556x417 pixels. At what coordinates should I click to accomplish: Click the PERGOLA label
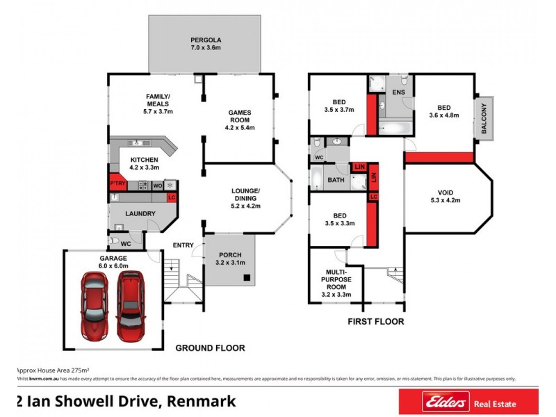click(205, 39)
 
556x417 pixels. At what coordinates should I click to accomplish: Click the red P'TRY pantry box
click(116, 183)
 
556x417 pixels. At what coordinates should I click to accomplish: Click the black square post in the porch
click(246, 278)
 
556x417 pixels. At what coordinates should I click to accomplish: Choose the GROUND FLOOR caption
click(210, 348)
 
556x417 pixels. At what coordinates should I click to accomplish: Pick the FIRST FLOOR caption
click(375, 322)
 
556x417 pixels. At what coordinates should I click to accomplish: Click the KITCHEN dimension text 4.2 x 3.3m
click(145, 167)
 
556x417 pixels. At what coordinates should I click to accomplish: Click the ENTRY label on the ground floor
click(183, 245)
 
